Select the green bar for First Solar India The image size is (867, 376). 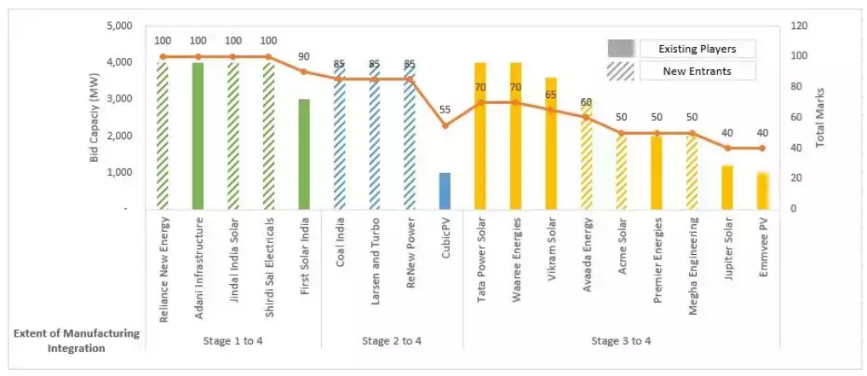[304, 153]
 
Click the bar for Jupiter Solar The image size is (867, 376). [727, 187]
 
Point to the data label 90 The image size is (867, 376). [304, 57]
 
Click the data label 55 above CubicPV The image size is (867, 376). [445, 111]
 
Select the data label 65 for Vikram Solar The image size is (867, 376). [551, 95]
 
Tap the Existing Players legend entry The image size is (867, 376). [698, 49]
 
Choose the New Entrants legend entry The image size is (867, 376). [698, 72]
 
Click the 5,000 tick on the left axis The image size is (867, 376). [120, 26]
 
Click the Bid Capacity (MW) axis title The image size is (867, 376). [95, 117]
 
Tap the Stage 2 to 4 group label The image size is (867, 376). [392, 341]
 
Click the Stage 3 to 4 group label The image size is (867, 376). [622, 341]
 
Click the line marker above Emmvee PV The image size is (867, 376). [762, 148]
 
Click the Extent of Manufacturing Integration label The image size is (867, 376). [77, 340]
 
